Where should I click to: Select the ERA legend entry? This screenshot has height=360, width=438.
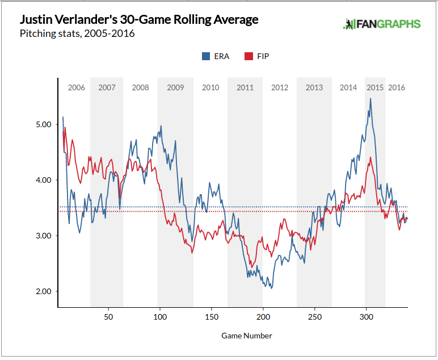click(x=216, y=56)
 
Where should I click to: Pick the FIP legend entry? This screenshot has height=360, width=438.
click(x=257, y=56)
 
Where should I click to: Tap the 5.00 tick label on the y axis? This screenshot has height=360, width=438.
click(x=44, y=124)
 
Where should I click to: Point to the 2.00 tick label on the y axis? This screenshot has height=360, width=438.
click(x=44, y=291)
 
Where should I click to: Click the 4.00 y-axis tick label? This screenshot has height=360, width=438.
click(x=44, y=180)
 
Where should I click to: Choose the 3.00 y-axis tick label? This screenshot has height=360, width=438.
click(x=44, y=236)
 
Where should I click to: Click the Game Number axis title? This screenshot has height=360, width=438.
click(x=247, y=336)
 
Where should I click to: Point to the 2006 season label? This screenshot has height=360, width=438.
click(x=76, y=87)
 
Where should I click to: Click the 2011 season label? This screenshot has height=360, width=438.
click(x=245, y=87)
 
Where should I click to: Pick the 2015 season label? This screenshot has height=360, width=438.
click(x=375, y=87)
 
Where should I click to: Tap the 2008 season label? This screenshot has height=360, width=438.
click(x=140, y=87)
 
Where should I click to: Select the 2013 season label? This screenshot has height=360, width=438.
click(x=314, y=87)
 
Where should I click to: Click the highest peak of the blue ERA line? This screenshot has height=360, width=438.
click(x=370, y=99)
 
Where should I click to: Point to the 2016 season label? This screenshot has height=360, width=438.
click(x=397, y=87)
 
